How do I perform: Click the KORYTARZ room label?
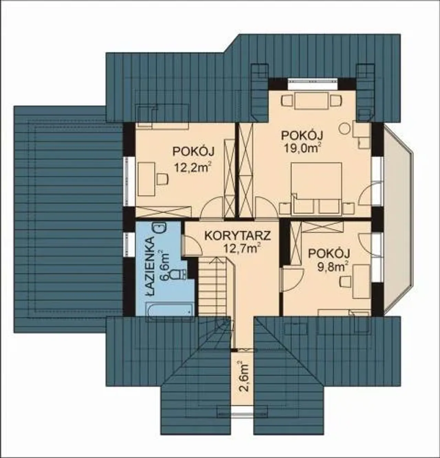(237, 236)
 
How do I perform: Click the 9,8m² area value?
(332, 267)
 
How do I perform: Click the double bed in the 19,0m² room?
(316, 189)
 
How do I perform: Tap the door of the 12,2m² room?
(211, 207)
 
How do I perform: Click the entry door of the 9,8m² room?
(292, 280)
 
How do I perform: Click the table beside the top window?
(311, 101)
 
